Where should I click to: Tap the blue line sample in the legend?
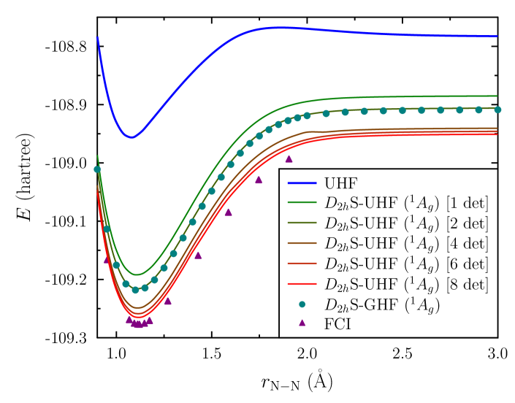(x=302, y=183)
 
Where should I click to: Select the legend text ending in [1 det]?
(x=406, y=204)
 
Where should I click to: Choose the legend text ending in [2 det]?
(x=406, y=223)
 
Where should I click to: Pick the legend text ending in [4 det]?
(x=406, y=243)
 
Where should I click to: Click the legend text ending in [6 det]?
(x=406, y=263)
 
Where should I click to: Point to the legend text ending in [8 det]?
(x=406, y=283)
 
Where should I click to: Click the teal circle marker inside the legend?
(x=302, y=303)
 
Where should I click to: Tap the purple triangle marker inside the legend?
(x=302, y=323)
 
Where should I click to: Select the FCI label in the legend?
(x=337, y=323)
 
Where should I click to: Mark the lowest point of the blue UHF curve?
(x=131, y=137)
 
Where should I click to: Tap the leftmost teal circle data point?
(x=97, y=169)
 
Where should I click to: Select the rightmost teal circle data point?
(x=497, y=110)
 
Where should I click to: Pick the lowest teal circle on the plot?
(x=135, y=290)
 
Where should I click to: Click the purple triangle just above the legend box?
(x=289, y=158)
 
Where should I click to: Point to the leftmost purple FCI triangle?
(x=107, y=259)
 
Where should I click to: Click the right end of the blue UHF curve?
(x=497, y=37)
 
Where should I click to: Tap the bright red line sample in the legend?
(x=302, y=283)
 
